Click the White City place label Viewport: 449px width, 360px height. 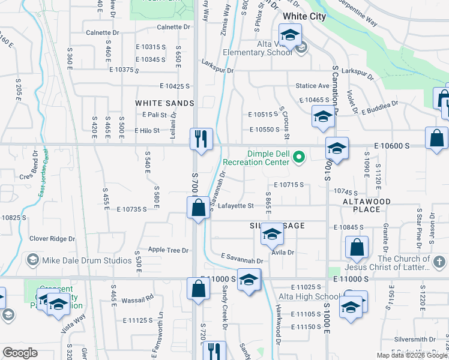click(x=304, y=16)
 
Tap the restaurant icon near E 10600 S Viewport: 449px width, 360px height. click(x=200, y=139)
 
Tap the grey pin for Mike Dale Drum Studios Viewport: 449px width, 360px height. click(x=32, y=260)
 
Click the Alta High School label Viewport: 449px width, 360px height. click(x=309, y=296)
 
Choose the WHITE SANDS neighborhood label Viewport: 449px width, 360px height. click(x=164, y=103)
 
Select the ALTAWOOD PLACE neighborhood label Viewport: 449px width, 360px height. click(x=367, y=205)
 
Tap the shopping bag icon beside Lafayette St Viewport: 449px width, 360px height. click(x=199, y=209)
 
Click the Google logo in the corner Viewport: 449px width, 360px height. click(x=20, y=353)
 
